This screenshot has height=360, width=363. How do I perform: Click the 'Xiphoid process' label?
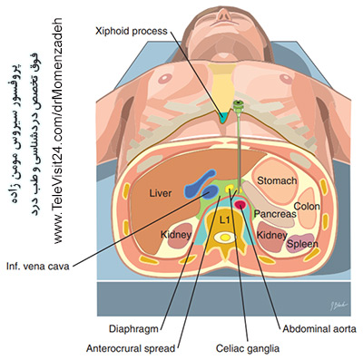(x=132, y=31)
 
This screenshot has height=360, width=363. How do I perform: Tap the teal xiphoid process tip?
(x=223, y=118)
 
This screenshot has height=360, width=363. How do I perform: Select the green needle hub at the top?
(x=239, y=105)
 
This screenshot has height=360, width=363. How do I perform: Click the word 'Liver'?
(x=161, y=193)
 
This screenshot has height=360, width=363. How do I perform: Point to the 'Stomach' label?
(x=277, y=180)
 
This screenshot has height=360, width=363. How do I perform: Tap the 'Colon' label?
(x=307, y=207)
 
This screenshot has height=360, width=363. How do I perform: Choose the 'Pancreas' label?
(x=275, y=214)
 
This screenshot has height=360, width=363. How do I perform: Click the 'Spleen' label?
(x=302, y=244)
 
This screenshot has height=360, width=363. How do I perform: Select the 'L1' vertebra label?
(x=224, y=220)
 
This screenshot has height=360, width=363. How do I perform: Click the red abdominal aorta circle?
(x=241, y=205)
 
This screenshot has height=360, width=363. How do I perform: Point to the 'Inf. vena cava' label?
(x=38, y=267)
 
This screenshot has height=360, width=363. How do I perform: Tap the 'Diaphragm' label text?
(x=133, y=328)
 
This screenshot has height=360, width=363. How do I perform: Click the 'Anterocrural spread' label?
(x=131, y=348)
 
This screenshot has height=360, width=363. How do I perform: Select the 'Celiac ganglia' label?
(x=248, y=348)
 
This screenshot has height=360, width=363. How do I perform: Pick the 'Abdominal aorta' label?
(x=319, y=328)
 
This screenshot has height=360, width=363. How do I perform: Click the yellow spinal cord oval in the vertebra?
(x=225, y=238)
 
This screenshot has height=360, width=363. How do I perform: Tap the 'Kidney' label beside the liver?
(x=176, y=234)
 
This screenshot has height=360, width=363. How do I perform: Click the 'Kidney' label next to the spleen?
(x=271, y=235)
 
